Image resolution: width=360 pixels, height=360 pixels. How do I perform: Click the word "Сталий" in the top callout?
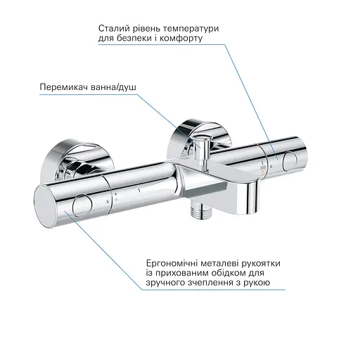(115, 28)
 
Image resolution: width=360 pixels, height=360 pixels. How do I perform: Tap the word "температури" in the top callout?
(189, 28)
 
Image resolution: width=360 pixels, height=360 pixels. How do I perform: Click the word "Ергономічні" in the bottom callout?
(169, 261)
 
